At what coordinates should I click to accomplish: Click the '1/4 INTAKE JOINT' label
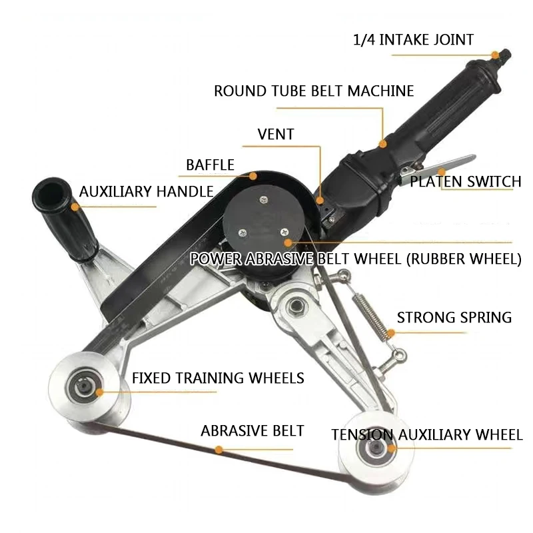pyautogui.click(x=413, y=40)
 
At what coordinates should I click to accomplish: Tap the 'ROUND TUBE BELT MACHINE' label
pyautogui.click(x=314, y=91)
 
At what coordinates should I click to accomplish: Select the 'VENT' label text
pyautogui.click(x=276, y=135)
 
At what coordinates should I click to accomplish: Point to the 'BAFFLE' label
pyautogui.click(x=210, y=165)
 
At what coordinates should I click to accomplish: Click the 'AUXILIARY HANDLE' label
pyautogui.click(x=146, y=192)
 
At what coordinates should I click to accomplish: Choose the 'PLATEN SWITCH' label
pyautogui.click(x=465, y=181)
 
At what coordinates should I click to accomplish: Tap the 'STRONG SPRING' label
pyautogui.click(x=454, y=317)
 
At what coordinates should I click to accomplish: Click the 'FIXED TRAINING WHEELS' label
pyautogui.click(x=218, y=378)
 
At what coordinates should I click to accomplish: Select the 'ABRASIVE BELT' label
pyautogui.click(x=252, y=431)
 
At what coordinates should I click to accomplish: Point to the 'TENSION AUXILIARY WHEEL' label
pyautogui.click(x=427, y=435)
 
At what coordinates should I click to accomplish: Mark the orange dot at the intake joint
pyautogui.click(x=495, y=55)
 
